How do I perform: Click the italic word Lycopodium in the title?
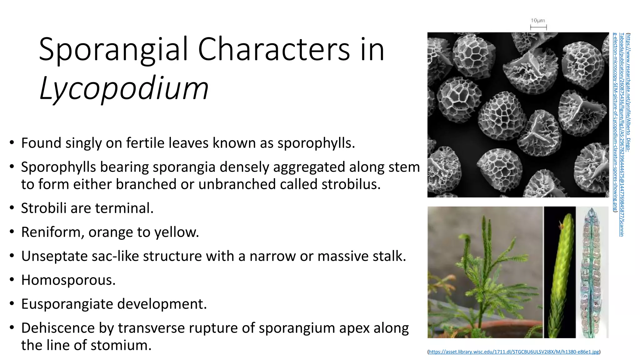(124, 88)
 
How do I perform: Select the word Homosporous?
(68, 280)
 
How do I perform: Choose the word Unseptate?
(54, 256)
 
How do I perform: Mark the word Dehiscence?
(58, 328)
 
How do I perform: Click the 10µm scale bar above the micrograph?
(538, 27)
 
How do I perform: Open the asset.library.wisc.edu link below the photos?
(514, 352)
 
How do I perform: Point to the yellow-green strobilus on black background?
(560, 272)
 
